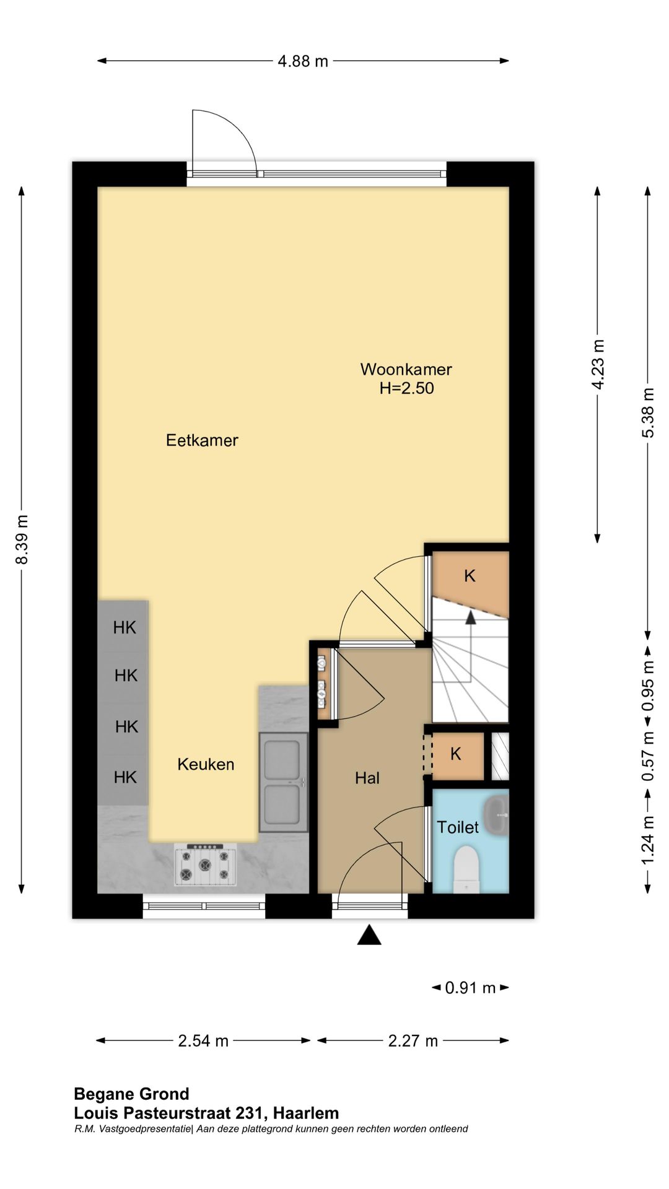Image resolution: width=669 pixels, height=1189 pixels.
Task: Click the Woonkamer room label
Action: coord(406,370)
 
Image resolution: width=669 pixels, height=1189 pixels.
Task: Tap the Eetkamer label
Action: coord(202,440)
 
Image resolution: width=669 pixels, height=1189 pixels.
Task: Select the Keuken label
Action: coord(206,764)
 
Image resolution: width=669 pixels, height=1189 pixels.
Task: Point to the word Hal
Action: coord(367,778)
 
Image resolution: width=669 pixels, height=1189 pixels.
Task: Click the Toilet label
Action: coord(458,827)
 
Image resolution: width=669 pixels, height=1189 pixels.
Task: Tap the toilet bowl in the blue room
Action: coord(466,869)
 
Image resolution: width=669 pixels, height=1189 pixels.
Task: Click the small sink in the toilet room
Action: coord(496,816)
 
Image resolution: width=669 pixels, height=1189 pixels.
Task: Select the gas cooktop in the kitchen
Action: coord(206,865)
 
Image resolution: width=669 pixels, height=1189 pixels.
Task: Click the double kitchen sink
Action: coord(284,782)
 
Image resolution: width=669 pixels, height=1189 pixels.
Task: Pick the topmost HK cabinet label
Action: coord(125,628)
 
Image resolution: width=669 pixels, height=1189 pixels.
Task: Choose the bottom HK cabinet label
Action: coord(125,777)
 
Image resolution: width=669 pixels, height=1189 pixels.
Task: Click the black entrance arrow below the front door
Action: coord(369,934)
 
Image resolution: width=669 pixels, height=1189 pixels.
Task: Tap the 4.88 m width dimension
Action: coord(303,61)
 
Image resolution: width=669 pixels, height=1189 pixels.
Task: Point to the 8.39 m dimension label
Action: coord(22,539)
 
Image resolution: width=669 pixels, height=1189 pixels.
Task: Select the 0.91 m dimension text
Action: coord(470,988)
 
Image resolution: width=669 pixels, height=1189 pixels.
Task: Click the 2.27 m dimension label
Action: coord(413,1041)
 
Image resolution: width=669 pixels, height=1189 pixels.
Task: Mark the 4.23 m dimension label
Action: coord(598,365)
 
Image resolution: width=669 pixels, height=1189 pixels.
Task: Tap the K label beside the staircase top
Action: coord(470,576)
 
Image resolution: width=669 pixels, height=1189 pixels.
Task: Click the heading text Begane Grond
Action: coord(131,1094)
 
